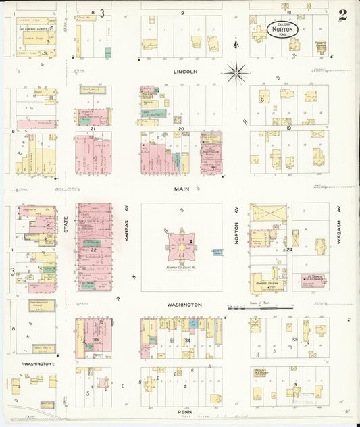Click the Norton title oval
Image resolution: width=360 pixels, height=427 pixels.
[x=282, y=30]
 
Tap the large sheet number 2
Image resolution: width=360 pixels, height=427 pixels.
[x=343, y=15]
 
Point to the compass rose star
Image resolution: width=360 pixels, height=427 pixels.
[x=236, y=71]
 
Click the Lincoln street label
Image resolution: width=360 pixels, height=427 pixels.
[x=184, y=71]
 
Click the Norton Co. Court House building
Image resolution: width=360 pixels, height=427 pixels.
[x=180, y=247]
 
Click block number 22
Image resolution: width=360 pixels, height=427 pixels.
[x=94, y=250]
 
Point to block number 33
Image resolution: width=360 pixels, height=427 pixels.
[x=294, y=339]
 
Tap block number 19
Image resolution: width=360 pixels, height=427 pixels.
[x=288, y=128]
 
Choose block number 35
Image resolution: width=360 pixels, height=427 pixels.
[x=97, y=339]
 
